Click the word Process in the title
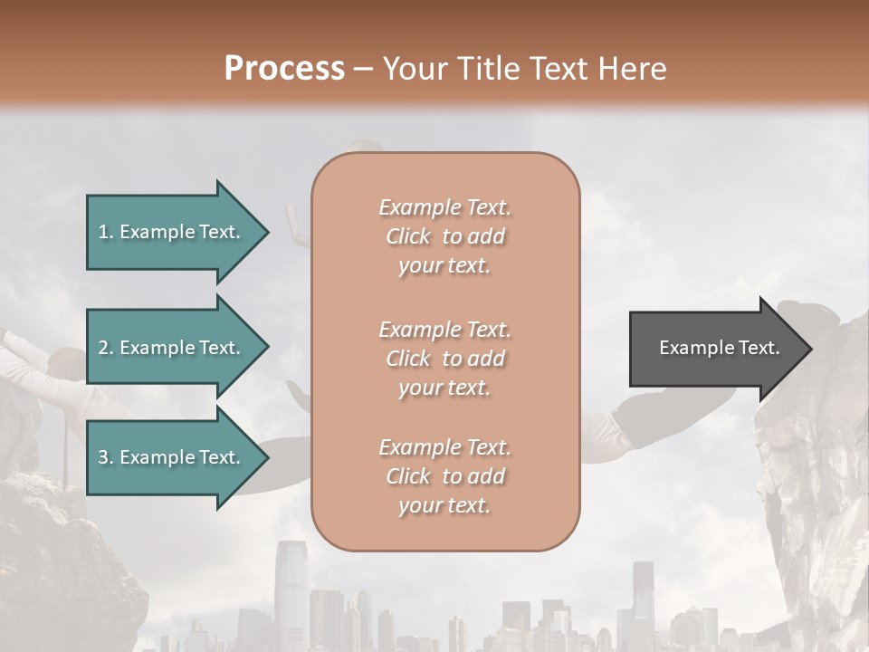(x=284, y=68)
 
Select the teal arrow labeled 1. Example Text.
(x=172, y=232)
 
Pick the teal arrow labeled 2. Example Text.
(x=172, y=348)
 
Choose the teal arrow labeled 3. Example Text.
(x=172, y=457)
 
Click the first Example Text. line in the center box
(x=444, y=207)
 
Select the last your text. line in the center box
(x=444, y=505)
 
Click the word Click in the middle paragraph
(x=408, y=359)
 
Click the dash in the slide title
(x=364, y=69)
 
